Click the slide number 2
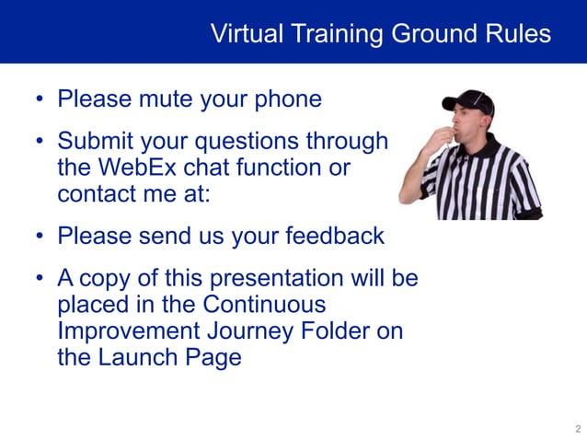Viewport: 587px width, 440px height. coord(577,429)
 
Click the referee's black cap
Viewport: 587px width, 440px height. coord(469,100)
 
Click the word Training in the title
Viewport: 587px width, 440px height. coord(338,34)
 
